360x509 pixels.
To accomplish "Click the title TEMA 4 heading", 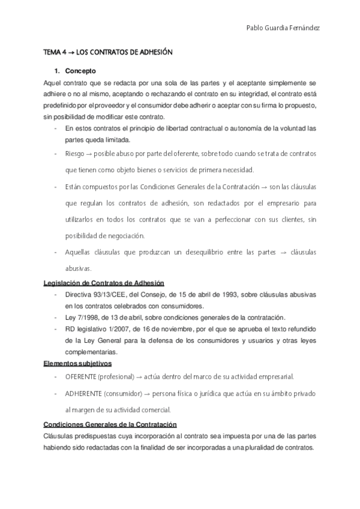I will pos(109,53).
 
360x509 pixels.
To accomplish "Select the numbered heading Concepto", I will pos(79,70).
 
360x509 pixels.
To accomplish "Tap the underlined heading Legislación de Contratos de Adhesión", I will pos(104,283).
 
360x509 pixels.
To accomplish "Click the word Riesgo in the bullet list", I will pos(74,154).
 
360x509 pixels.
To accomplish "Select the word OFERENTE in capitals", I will pos(81,376).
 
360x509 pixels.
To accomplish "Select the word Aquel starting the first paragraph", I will pos(53,82).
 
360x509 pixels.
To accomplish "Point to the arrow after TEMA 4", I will pos(71,53).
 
